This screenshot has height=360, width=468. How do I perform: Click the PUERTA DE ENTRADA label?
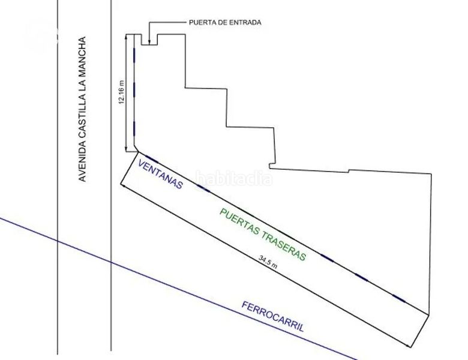[225, 22]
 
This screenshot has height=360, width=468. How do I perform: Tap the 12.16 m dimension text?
[121, 92]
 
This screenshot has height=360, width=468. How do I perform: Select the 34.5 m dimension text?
[268, 262]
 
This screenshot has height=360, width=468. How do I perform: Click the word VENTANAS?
[160, 174]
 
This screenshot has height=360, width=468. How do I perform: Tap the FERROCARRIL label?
[273, 317]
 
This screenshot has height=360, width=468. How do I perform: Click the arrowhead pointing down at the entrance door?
[149, 43]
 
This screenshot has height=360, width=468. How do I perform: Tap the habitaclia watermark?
[234, 178]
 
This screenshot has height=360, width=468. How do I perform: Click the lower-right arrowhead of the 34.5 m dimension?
[409, 345]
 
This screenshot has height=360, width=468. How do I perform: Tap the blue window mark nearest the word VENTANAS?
[152, 159]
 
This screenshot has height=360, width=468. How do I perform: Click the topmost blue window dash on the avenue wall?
[134, 56]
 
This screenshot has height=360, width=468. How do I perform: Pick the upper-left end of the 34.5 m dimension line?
[121, 184]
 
